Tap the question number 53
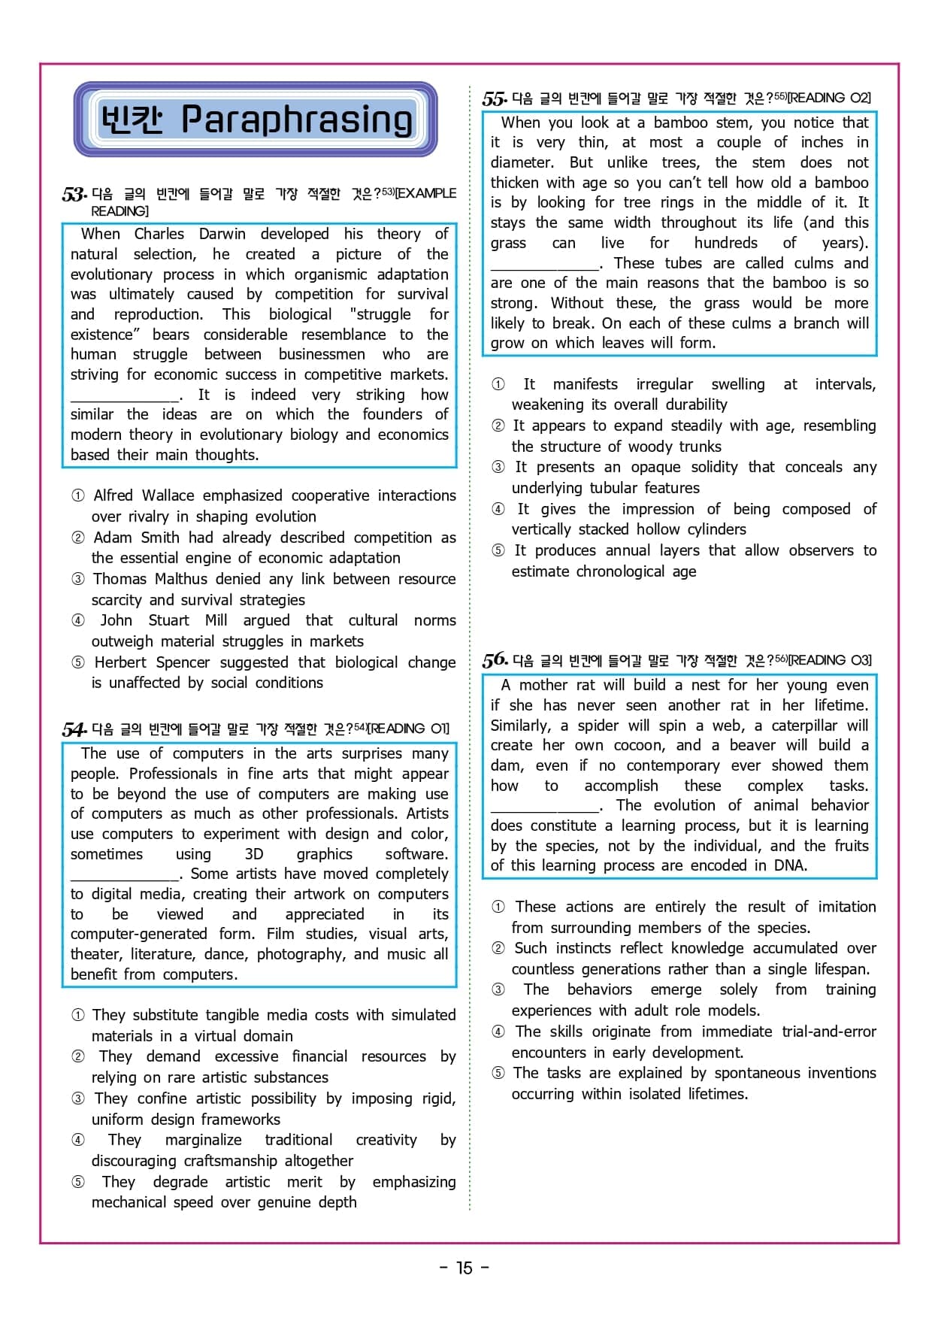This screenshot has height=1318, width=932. (74, 195)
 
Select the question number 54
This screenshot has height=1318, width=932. (74, 729)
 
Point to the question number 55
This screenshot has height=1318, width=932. (494, 98)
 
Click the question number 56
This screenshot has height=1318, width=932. (495, 660)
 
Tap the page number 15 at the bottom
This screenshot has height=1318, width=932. (464, 1268)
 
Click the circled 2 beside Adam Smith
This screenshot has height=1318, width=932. (77, 538)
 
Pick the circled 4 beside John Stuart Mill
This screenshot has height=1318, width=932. (77, 620)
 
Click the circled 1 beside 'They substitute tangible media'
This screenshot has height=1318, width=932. (77, 1015)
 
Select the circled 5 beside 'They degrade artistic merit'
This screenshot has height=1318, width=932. (77, 1182)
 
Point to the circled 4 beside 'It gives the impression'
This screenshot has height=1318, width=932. (498, 509)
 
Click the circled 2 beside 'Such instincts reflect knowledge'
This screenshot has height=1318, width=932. (498, 948)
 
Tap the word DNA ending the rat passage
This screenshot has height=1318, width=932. (789, 865)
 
